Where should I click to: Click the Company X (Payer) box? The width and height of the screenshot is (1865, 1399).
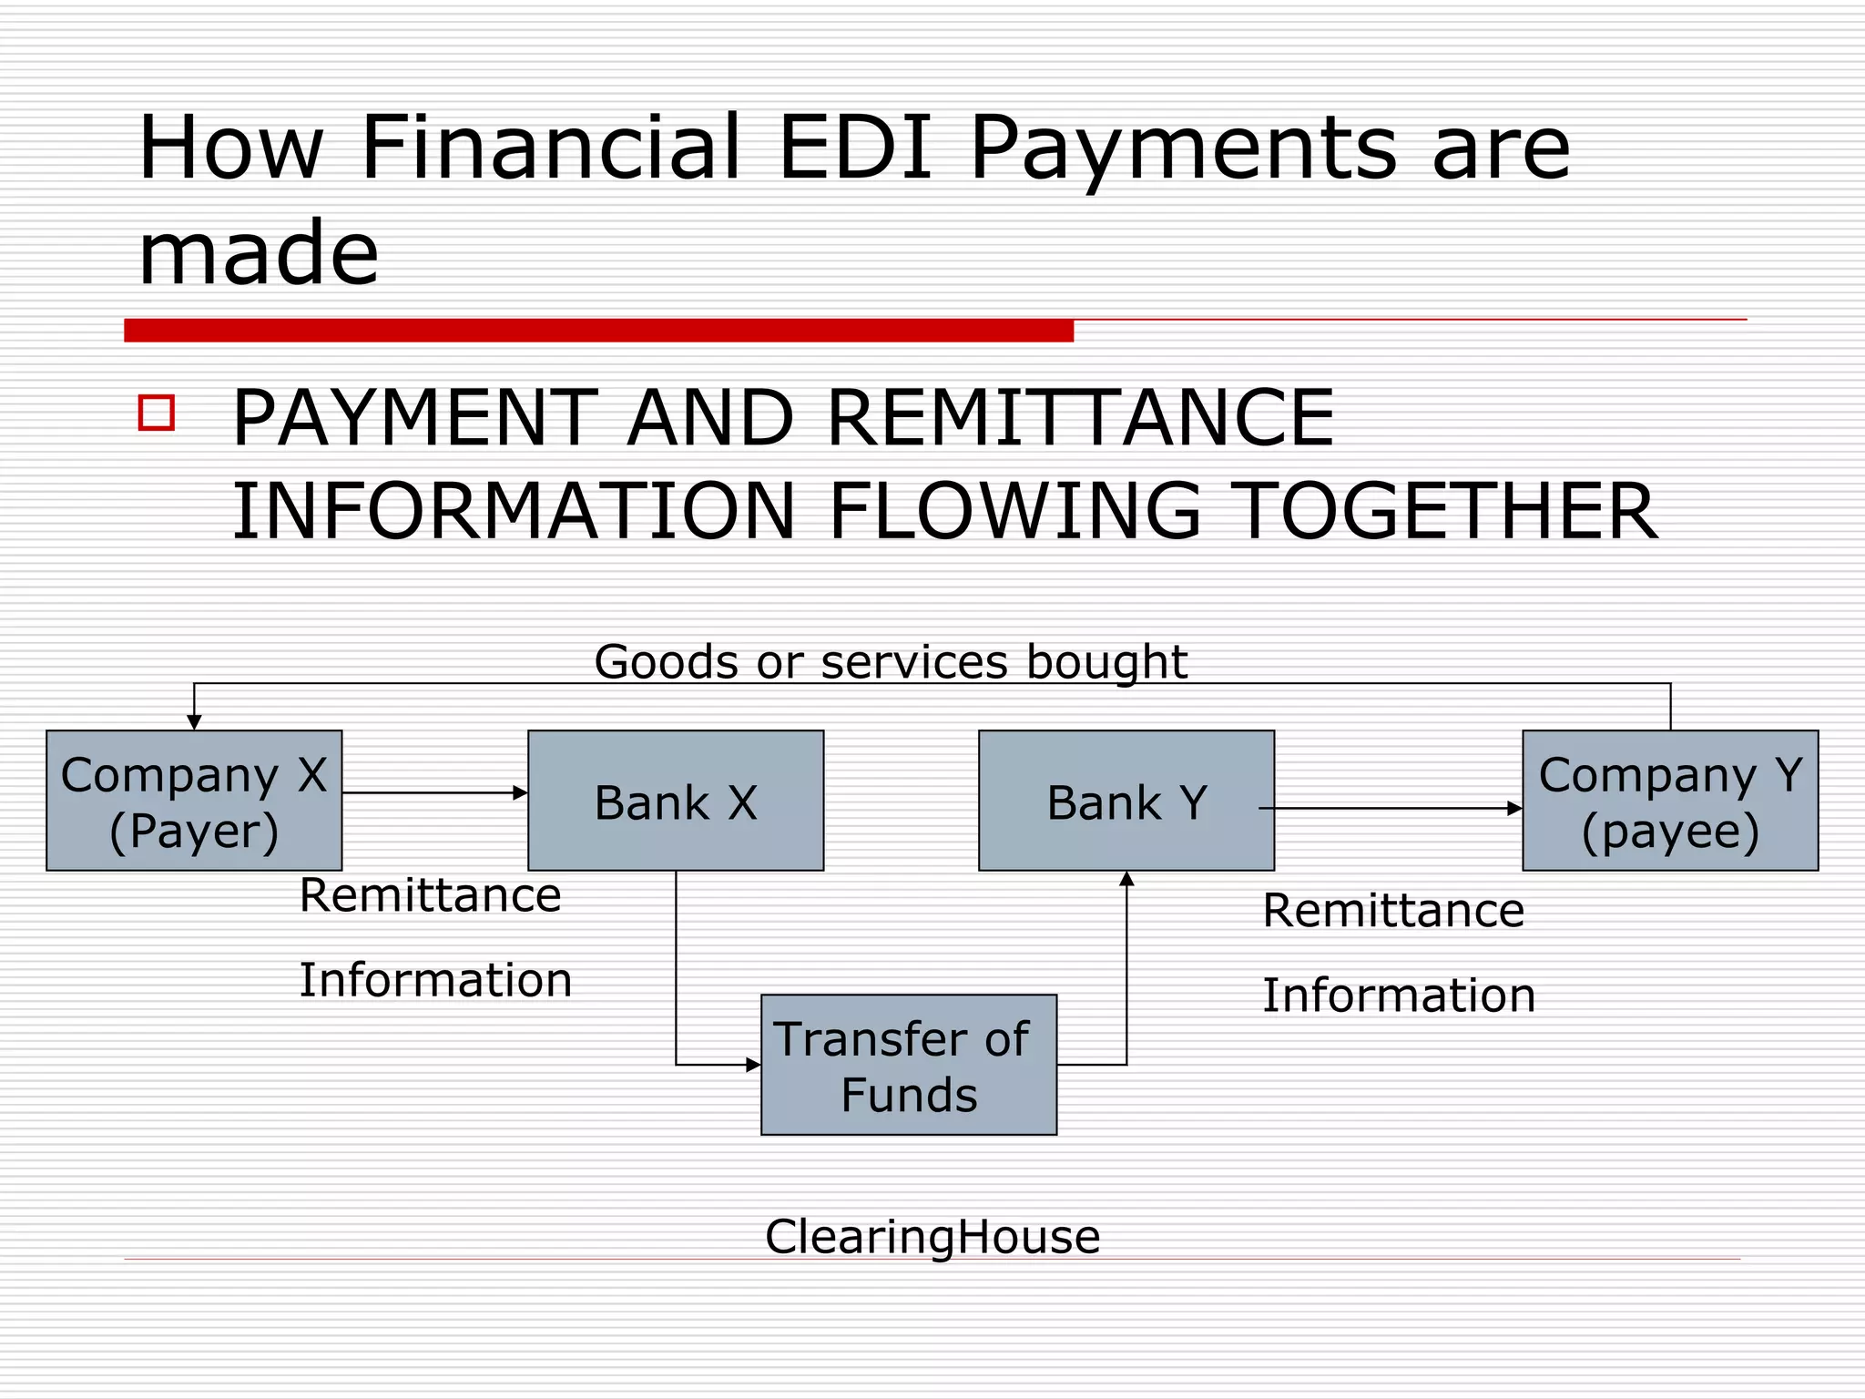(194, 801)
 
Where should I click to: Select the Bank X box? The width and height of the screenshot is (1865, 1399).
(676, 801)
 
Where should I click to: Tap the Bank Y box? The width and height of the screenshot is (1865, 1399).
(1126, 801)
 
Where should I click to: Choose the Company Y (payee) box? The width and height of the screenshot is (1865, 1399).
(1670, 801)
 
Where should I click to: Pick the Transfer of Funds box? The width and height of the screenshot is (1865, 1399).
(909, 1065)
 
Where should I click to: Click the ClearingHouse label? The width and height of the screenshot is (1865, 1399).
(932, 1237)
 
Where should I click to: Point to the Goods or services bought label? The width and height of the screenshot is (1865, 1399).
(891, 661)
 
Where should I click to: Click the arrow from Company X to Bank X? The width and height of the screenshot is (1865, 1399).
(434, 792)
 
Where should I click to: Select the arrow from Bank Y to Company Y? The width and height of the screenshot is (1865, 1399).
(1391, 808)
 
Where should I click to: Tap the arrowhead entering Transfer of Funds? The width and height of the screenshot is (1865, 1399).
(753, 1064)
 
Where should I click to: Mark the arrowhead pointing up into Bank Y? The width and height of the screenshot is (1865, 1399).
(1126, 879)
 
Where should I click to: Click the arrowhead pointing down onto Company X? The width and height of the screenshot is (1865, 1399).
(194, 722)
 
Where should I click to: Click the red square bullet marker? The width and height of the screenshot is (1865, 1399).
(157, 413)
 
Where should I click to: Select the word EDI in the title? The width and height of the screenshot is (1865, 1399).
(855, 148)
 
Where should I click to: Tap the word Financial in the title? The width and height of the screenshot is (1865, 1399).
(550, 148)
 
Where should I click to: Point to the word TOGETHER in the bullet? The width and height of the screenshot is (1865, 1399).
(1448, 511)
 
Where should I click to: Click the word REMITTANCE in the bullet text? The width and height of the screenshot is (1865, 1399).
(1080, 418)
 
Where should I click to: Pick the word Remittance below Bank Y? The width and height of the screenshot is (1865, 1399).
(1393, 911)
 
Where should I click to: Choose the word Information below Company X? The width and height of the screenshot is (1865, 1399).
(435, 980)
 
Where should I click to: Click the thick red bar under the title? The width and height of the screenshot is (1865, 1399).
(598, 331)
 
